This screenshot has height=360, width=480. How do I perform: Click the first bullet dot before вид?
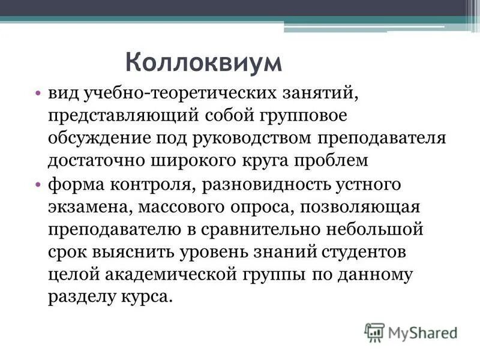37,94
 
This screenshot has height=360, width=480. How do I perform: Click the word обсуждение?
101,139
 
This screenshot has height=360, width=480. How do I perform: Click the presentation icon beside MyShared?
375,331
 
